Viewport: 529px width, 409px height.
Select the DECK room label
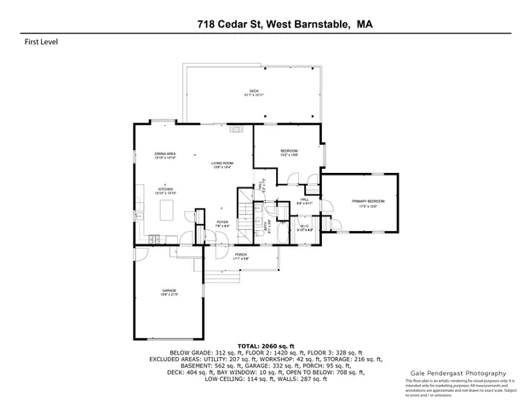tap(254, 93)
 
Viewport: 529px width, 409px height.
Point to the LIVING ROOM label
tap(222, 165)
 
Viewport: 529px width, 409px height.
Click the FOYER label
tap(221, 223)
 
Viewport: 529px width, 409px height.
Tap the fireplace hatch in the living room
tap(234, 129)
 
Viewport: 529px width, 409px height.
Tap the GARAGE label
tap(170, 293)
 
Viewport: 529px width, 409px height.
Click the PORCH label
tap(241, 256)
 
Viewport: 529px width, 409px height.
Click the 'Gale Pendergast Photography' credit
tap(452, 372)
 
